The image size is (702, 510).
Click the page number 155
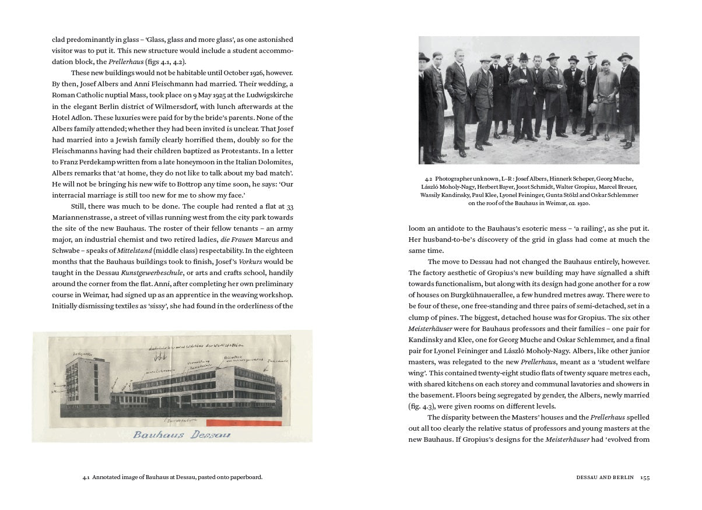(644, 477)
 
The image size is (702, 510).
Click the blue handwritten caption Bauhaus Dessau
(181, 434)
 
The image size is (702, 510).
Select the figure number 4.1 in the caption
(86, 477)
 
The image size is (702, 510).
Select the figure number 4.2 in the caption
(428, 179)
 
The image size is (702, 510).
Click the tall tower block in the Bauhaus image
(80, 384)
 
